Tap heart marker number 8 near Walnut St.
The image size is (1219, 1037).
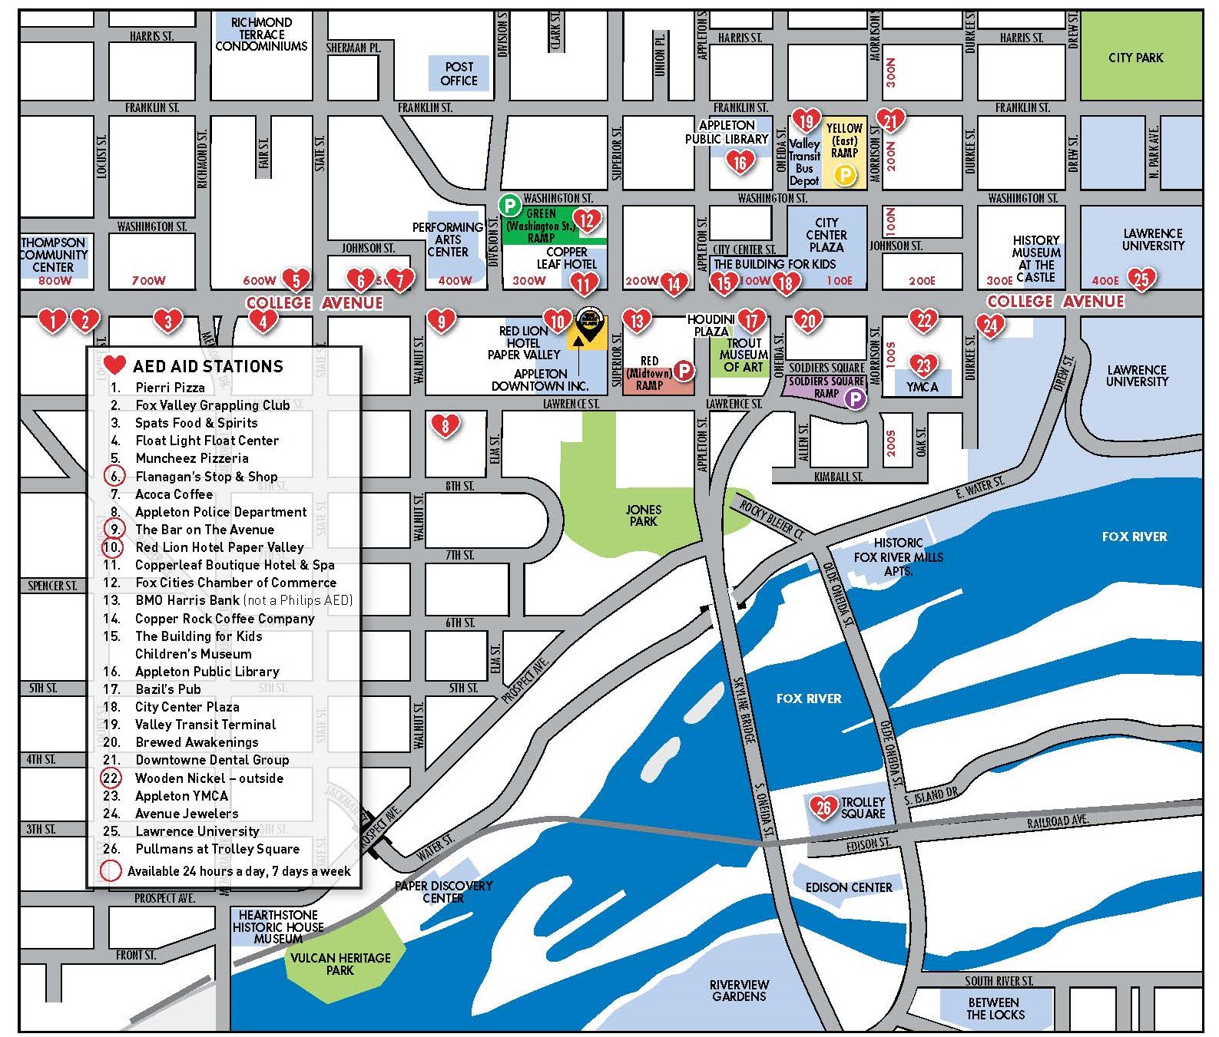point(446,424)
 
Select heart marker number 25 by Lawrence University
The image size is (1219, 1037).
point(1141,278)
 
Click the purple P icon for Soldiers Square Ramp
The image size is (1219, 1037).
point(854,398)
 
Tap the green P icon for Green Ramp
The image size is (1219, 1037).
point(509,205)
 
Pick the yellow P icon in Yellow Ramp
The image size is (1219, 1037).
point(844,175)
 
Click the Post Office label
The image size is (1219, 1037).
point(459,74)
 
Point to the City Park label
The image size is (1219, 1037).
point(1135,58)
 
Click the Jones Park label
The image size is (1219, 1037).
point(643,515)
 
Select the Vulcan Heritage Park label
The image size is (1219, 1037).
point(340,963)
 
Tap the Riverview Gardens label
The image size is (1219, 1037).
point(739,990)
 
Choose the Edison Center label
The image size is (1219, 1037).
point(848,887)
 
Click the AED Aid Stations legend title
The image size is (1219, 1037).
point(207,366)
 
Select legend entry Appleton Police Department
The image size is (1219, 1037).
point(220,512)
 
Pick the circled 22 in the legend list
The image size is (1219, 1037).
point(111,778)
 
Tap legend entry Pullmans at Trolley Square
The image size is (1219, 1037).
point(217,849)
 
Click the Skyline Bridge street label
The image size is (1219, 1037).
point(744,710)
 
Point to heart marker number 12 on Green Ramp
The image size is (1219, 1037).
point(586,221)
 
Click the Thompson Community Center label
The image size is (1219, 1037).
point(54,255)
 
